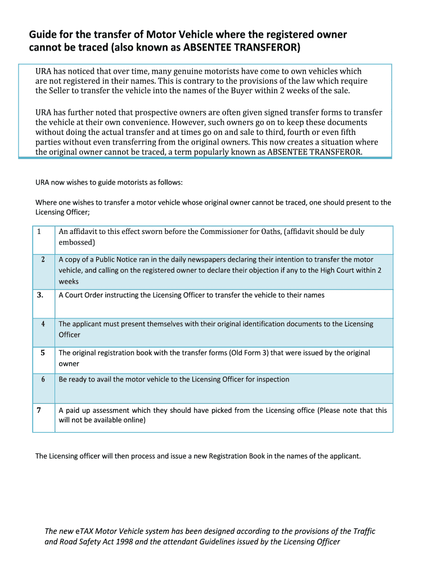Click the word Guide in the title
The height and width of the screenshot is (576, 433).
coord(43,35)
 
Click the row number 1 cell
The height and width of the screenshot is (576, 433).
coord(39,232)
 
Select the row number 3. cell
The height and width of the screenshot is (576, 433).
coord(40,295)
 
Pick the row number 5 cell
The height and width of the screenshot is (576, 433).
coord(43,353)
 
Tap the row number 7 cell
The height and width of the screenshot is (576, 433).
coord(39,410)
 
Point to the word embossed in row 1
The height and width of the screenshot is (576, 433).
coord(75,242)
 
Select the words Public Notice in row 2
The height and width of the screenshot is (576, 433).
coord(109,260)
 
